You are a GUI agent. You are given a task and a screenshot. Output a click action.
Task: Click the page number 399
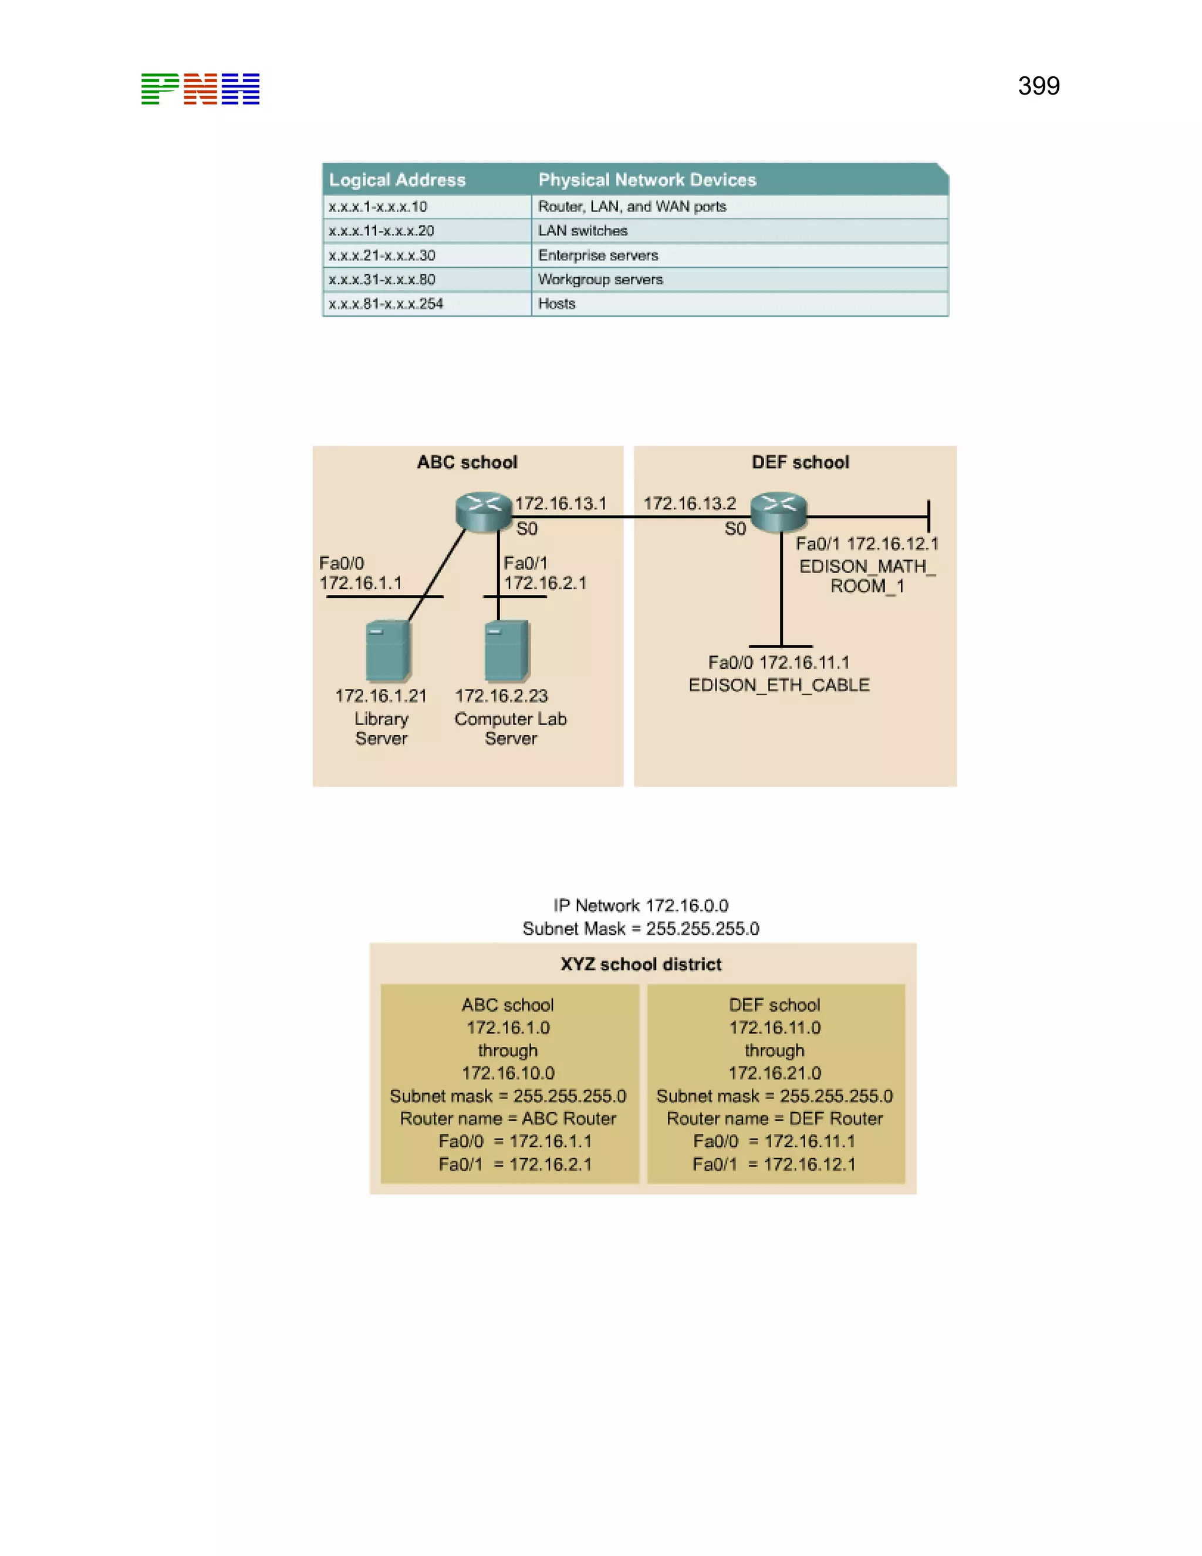[x=1038, y=86]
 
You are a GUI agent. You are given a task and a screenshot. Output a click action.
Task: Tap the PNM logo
[x=200, y=89]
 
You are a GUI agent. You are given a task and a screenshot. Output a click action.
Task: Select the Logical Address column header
[x=397, y=180]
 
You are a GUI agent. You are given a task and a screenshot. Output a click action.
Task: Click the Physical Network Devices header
[x=647, y=180]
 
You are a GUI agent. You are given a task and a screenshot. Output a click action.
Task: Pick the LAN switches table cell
[x=582, y=231]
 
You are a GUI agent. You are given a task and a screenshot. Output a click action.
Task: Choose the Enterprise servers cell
[x=598, y=255]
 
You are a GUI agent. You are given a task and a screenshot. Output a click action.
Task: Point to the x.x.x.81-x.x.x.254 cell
[x=386, y=304]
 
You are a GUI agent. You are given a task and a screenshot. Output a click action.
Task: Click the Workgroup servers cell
[x=600, y=279]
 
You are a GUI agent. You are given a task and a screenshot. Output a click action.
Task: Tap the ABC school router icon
[x=484, y=511]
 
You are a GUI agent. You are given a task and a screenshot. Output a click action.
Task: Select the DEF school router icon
[x=778, y=511]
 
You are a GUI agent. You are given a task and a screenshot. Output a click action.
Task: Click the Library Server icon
[x=387, y=651]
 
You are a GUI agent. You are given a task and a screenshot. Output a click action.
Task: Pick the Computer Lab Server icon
[x=507, y=651]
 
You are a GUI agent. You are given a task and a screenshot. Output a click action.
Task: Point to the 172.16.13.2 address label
[x=689, y=503]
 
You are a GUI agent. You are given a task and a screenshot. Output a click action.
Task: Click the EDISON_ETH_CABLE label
[x=779, y=685]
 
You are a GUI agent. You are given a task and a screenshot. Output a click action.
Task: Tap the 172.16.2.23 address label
[x=501, y=695]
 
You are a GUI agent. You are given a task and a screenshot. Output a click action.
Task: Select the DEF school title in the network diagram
[x=801, y=462]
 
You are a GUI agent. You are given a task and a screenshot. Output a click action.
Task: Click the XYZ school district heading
[x=641, y=964]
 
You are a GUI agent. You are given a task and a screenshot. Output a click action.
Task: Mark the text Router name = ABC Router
[x=508, y=1119]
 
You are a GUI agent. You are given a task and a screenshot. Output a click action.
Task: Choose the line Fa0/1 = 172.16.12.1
[x=774, y=1164]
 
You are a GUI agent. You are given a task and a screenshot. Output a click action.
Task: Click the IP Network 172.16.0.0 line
[x=641, y=905]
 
